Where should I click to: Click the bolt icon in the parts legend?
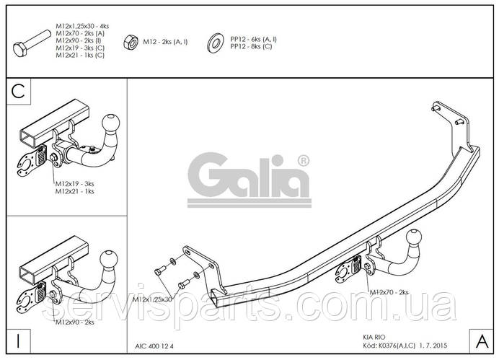click(32, 44)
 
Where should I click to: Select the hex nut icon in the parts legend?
click(131, 43)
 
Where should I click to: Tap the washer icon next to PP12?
click(216, 43)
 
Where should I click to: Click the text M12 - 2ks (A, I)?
click(165, 42)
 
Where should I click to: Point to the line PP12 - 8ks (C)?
click(252, 46)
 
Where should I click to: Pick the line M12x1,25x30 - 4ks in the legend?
click(82, 26)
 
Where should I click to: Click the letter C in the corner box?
click(18, 92)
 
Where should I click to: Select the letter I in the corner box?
click(18, 341)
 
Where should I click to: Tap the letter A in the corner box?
click(482, 341)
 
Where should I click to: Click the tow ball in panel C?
click(111, 122)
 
